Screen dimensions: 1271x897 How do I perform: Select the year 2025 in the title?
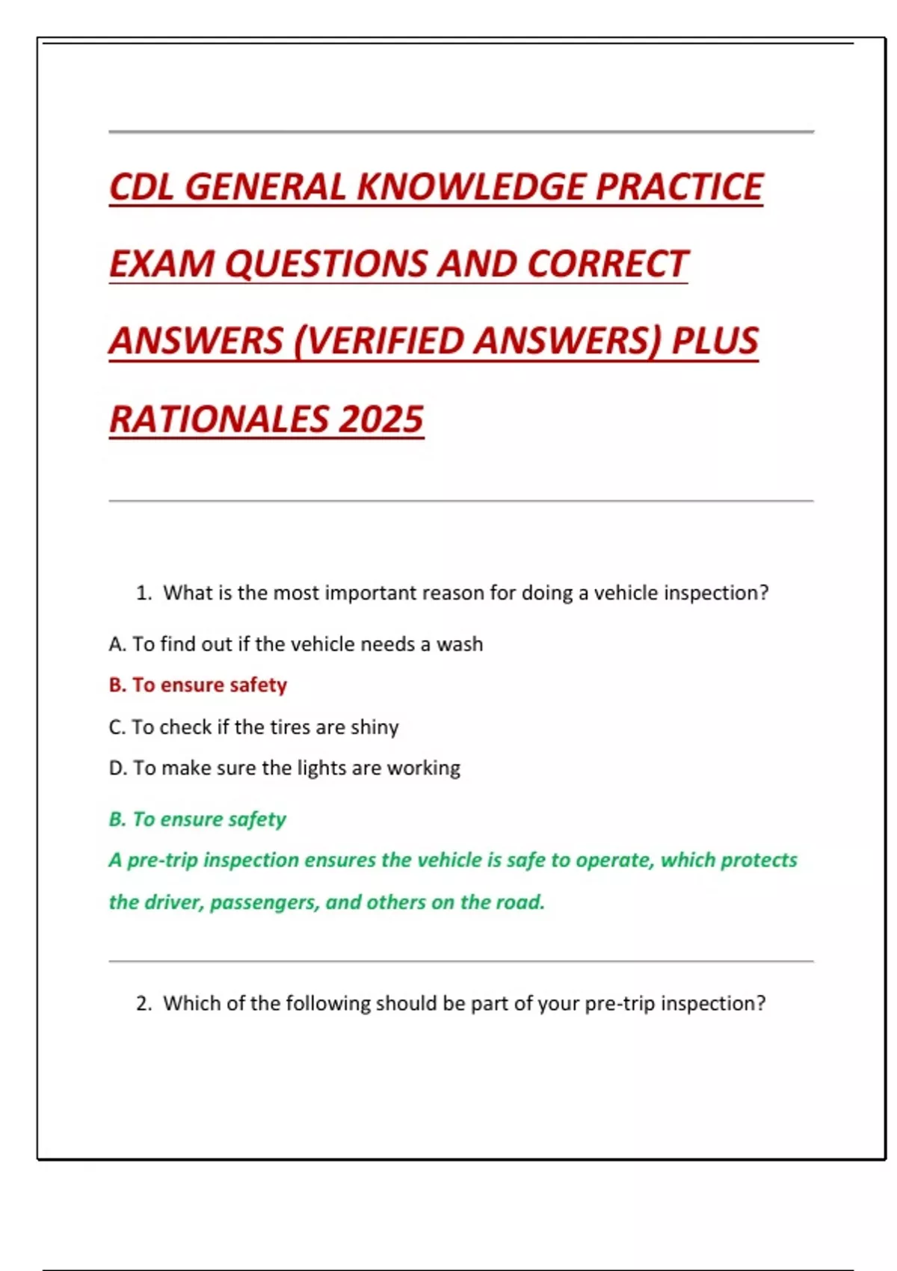pyautogui.click(x=380, y=419)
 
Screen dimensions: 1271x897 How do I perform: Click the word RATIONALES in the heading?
pyautogui.click(x=219, y=419)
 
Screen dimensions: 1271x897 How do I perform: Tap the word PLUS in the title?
pyautogui.click(x=715, y=341)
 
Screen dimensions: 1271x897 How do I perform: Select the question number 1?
pyautogui.click(x=144, y=593)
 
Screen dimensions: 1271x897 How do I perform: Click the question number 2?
pyautogui.click(x=144, y=1003)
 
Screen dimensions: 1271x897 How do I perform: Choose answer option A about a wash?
pyautogui.click(x=295, y=644)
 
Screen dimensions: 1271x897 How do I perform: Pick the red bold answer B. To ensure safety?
pyautogui.click(x=198, y=685)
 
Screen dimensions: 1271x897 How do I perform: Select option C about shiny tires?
pyautogui.click(x=253, y=727)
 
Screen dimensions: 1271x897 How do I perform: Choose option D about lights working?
pyautogui.click(x=284, y=768)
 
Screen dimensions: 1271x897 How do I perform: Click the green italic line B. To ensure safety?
pyautogui.click(x=197, y=819)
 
